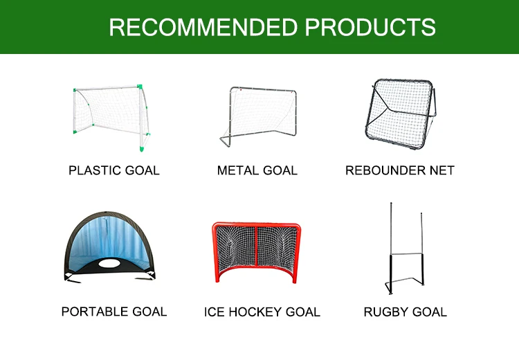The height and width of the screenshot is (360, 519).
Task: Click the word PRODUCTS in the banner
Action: click(x=371, y=27)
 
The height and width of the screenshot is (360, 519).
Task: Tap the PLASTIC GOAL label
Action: click(x=114, y=170)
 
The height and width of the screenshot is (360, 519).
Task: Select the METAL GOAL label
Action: click(x=257, y=170)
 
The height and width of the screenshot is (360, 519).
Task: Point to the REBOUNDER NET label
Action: click(x=400, y=170)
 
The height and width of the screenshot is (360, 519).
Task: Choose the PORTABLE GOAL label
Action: click(x=114, y=312)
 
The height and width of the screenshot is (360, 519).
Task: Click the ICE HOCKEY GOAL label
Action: click(x=262, y=312)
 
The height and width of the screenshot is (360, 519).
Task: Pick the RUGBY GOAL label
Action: click(x=406, y=312)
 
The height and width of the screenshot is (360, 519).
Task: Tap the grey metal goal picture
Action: click(x=257, y=116)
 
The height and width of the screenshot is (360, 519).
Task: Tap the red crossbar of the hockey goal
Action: click(x=257, y=226)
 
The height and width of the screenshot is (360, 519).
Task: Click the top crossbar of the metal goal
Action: click(x=263, y=89)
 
